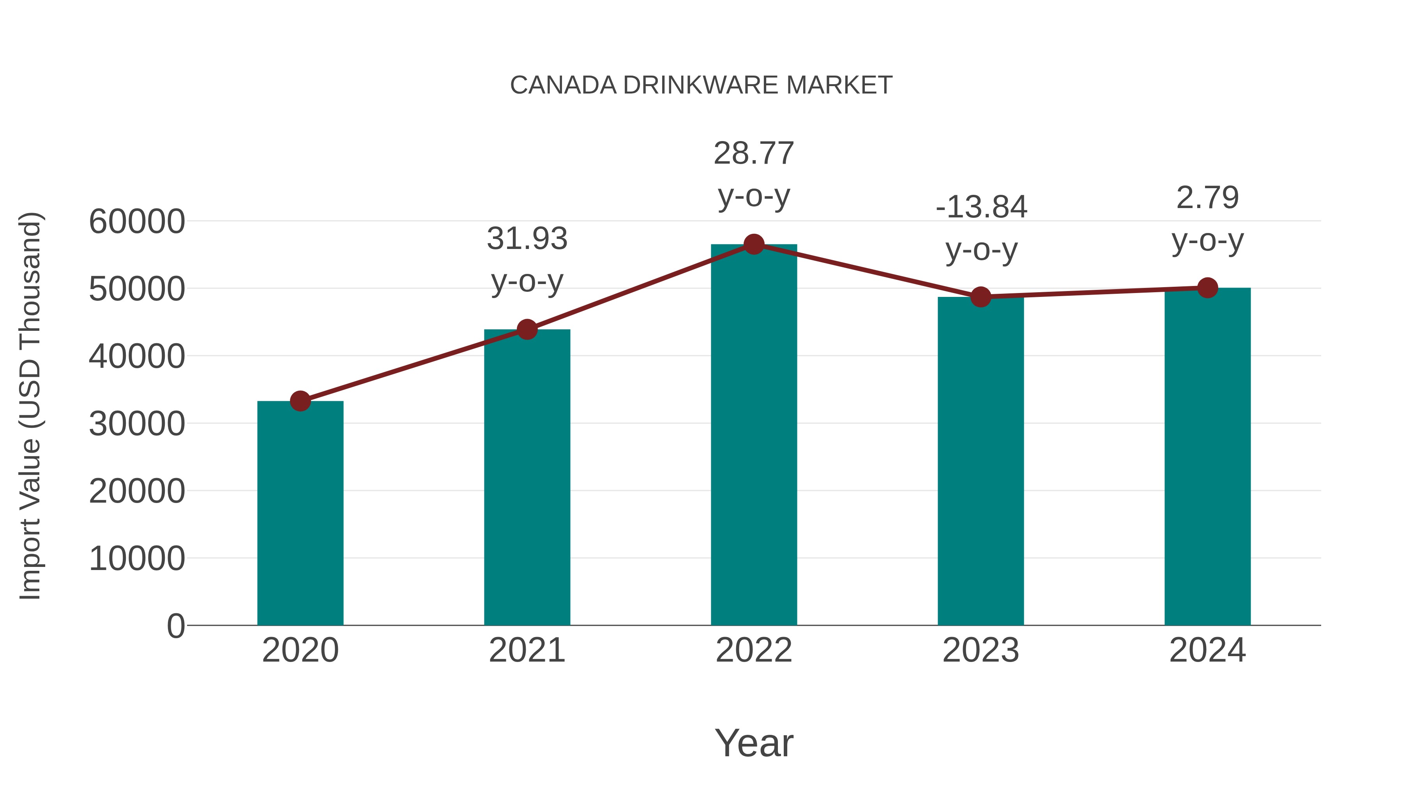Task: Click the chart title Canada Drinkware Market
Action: click(701, 85)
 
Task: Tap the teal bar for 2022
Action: click(754, 436)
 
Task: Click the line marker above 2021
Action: click(527, 329)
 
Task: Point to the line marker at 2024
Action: click(1207, 288)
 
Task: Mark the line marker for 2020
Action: click(300, 401)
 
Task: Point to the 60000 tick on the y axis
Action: click(137, 222)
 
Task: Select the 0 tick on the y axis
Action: click(175, 626)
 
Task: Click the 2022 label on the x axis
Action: click(754, 650)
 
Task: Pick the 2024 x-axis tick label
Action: click(1207, 650)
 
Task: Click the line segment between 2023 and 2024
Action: click(1094, 292)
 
